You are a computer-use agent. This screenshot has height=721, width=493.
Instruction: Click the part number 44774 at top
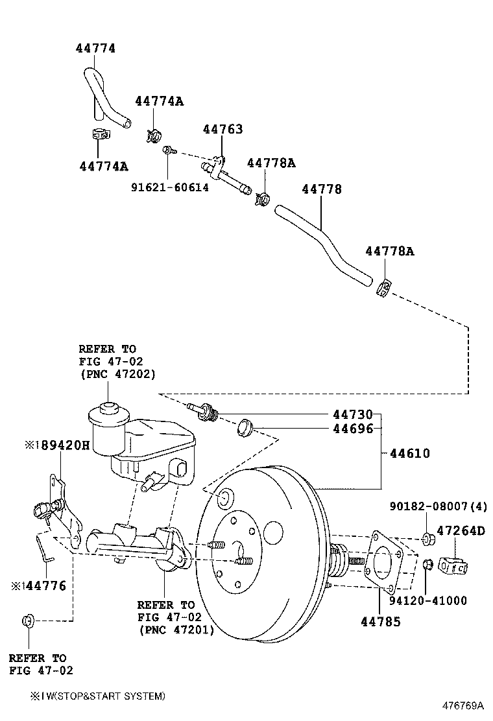pos(95,48)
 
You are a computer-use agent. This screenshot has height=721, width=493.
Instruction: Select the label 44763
pos(222,129)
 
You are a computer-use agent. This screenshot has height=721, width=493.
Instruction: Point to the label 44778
pos(321,189)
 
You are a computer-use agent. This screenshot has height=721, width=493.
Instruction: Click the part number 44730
pos(353,414)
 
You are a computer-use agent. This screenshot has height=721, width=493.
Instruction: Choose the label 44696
pos(353,428)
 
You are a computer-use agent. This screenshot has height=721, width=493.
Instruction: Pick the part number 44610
pos(409,453)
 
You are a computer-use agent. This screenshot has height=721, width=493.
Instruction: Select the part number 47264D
pos(460,530)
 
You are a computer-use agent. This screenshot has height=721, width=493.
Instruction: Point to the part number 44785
pos(380,622)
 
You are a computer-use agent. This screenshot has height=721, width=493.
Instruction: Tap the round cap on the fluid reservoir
pos(106,413)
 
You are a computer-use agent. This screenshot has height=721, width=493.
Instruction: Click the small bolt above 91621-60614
pos(168,150)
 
